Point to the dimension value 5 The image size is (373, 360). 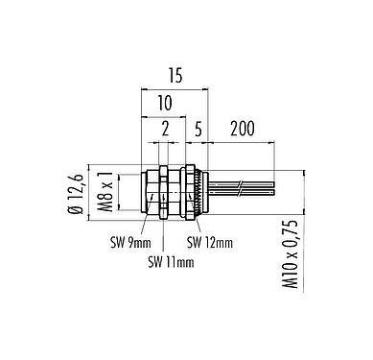point(196,129)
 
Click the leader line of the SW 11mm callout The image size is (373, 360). point(165,235)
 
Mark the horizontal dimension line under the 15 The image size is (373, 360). point(175,88)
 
